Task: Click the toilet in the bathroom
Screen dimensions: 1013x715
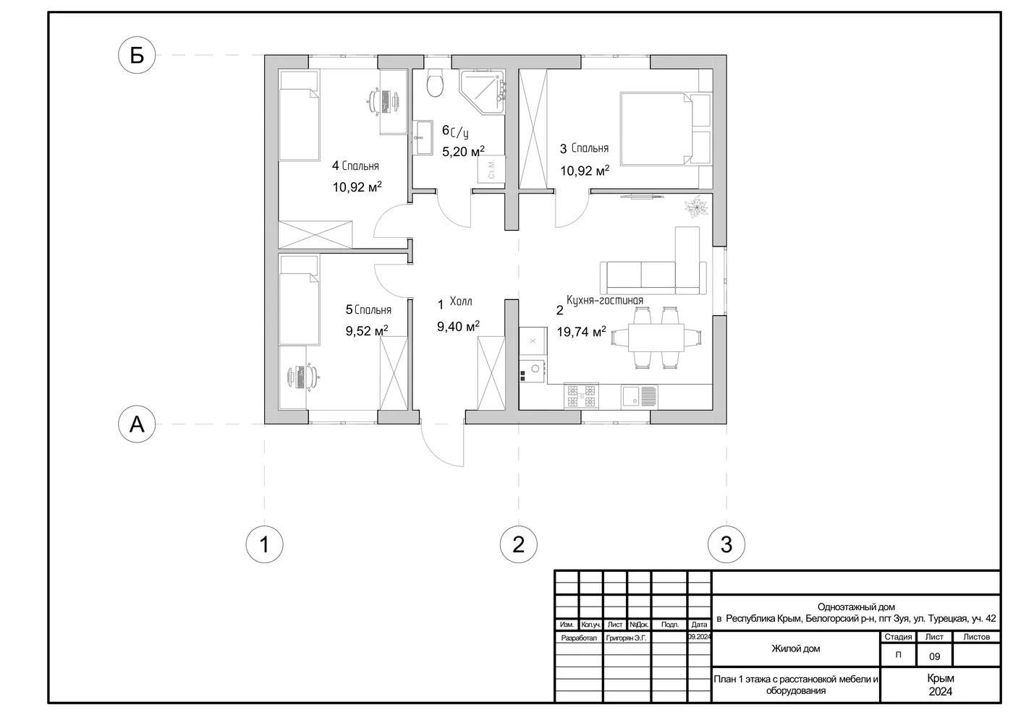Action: tap(435, 82)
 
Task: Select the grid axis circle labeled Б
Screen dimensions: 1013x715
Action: tap(137, 55)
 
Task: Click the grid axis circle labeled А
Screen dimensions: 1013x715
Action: tap(137, 424)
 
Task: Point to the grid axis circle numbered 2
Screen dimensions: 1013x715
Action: tap(518, 544)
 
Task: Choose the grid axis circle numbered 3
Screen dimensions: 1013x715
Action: tap(726, 544)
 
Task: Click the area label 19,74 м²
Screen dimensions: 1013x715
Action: tap(581, 332)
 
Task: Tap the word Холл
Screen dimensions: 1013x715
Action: tap(461, 301)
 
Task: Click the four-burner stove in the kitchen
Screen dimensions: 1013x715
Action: tap(581, 396)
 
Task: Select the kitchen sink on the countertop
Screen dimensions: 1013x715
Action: tap(639, 397)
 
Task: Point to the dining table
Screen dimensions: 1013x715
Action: tap(656, 338)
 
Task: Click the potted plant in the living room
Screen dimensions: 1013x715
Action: tap(696, 207)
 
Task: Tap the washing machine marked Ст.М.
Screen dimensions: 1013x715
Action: tap(491, 169)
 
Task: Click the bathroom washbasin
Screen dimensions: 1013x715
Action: tap(424, 137)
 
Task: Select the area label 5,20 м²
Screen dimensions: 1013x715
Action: tap(463, 151)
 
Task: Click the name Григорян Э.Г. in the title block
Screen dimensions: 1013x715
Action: tap(626, 638)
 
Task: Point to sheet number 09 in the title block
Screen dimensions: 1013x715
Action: tap(934, 656)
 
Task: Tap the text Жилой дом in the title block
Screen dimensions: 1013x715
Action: tap(795, 648)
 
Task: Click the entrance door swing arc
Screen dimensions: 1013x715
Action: tap(434, 454)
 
